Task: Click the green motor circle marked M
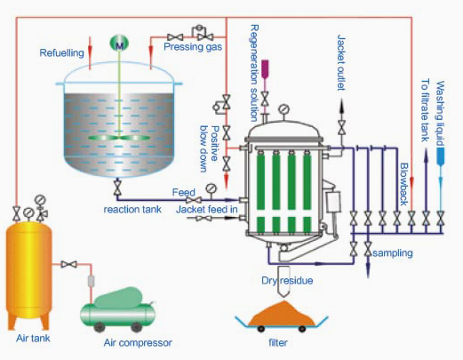pyautogui.click(x=119, y=43)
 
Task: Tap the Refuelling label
pyautogui.click(x=62, y=53)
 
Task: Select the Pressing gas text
pyautogui.click(x=193, y=47)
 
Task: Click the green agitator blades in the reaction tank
pyautogui.click(x=118, y=138)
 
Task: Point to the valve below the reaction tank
pyautogui.click(x=117, y=188)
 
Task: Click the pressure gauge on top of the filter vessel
pyautogui.click(x=284, y=109)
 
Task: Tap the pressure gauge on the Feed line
pyautogui.click(x=211, y=188)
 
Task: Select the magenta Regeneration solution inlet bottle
pyautogui.click(x=265, y=69)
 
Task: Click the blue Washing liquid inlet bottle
pyautogui.click(x=441, y=156)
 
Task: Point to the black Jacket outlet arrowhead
pyautogui.click(x=341, y=106)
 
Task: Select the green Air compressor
pyautogui.click(x=118, y=309)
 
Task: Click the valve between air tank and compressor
pyautogui.click(x=68, y=264)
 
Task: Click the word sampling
pyautogui.click(x=393, y=253)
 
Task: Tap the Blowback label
pyautogui.click(x=404, y=184)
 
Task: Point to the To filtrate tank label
pyautogui.click(x=426, y=110)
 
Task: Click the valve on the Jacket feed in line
pyautogui.click(x=204, y=219)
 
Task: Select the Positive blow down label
pyautogui.click(x=209, y=148)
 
